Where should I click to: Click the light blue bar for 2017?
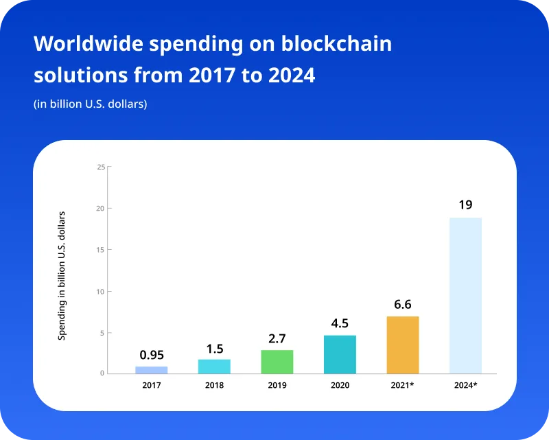(151, 370)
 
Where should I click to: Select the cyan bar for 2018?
(214, 367)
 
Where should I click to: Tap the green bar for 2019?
(277, 362)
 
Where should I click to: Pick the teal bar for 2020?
(340, 354)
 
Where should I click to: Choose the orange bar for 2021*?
(403, 345)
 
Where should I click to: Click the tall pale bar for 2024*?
(465, 295)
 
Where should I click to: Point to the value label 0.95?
(152, 355)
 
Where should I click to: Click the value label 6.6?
(403, 304)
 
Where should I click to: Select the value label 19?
(465, 205)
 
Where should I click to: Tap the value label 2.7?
(277, 338)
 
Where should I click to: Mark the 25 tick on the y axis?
(101, 167)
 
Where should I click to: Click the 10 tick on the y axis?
(101, 291)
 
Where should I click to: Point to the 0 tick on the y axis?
(102, 374)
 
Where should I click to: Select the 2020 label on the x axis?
(340, 386)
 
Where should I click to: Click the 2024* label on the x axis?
(465, 386)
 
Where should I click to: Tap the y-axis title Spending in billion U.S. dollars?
(62, 276)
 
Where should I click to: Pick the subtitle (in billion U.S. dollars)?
(91, 104)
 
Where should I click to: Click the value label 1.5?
(215, 349)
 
